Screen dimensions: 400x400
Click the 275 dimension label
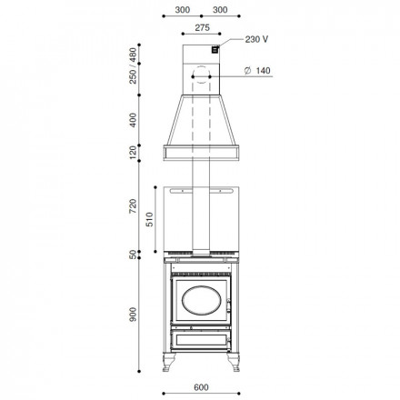click(202, 27)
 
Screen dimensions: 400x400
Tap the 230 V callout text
click(256, 39)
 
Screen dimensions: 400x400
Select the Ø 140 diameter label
click(257, 71)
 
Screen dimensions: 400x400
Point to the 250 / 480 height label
click(133, 65)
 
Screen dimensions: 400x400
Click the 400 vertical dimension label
click(133, 120)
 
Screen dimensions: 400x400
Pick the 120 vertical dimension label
click(133, 153)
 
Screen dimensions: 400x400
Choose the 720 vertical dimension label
click(133, 206)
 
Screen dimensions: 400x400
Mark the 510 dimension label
click(150, 219)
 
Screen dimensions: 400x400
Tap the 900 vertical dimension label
click(133, 315)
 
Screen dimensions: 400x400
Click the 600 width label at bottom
click(201, 387)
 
